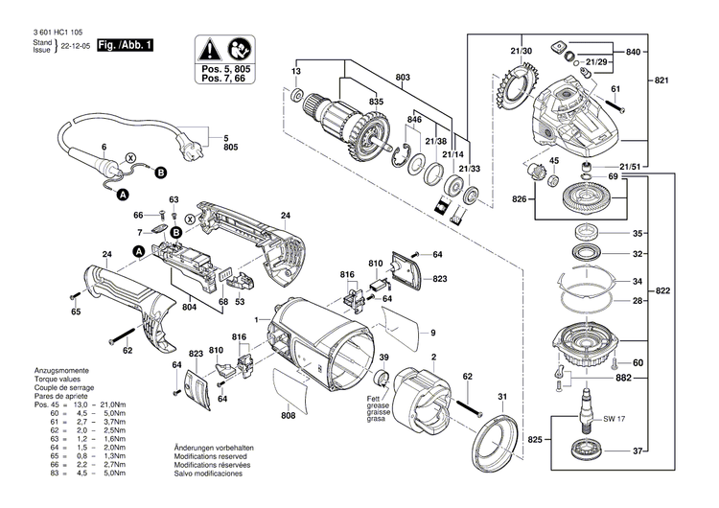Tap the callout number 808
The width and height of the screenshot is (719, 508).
coord(289,416)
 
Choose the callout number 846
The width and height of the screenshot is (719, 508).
coord(414,119)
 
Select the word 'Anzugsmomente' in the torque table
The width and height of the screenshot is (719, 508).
coord(34,369)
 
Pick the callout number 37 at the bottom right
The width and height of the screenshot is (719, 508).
coord(637,450)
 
